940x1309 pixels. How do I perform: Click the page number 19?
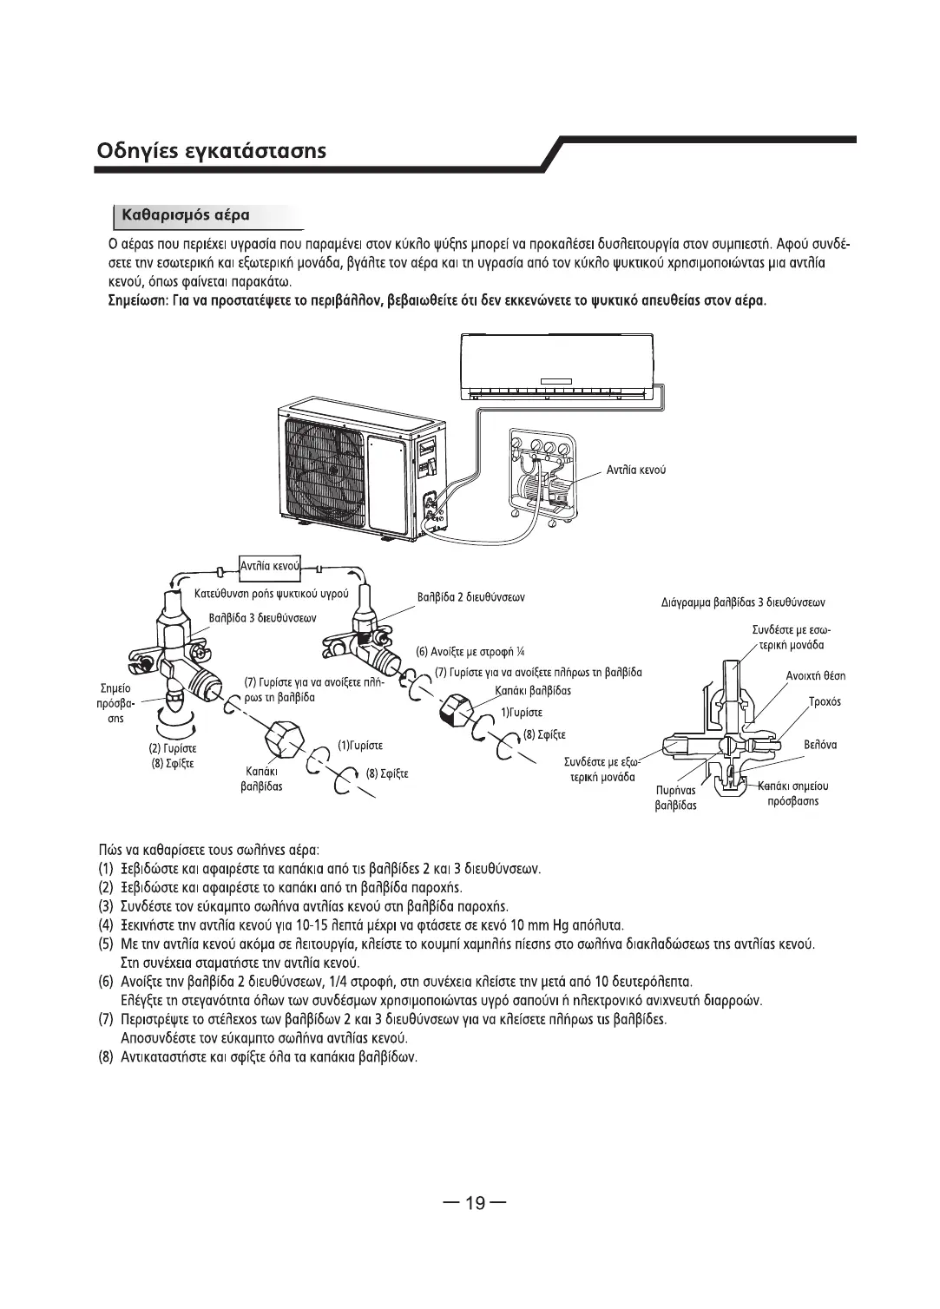(475, 1202)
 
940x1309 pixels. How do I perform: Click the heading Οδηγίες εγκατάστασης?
(211, 151)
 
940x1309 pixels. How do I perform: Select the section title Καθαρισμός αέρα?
(185, 215)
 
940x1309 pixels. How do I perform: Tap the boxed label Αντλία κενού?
(270, 566)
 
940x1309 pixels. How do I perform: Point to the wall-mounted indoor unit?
(556, 365)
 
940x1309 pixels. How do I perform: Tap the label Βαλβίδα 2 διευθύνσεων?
(471, 597)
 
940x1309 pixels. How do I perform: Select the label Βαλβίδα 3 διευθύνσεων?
(263, 618)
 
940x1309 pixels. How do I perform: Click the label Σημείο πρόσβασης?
(115, 703)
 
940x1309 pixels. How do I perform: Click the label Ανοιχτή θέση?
(816, 676)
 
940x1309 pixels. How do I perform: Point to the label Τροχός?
(825, 702)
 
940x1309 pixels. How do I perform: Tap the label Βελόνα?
(820, 745)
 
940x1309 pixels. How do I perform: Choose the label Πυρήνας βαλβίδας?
(676, 798)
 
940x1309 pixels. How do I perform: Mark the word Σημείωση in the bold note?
(139, 301)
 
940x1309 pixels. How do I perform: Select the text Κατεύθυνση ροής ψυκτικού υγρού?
(272, 594)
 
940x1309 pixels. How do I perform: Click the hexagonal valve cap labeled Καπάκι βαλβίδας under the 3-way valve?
(285, 739)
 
